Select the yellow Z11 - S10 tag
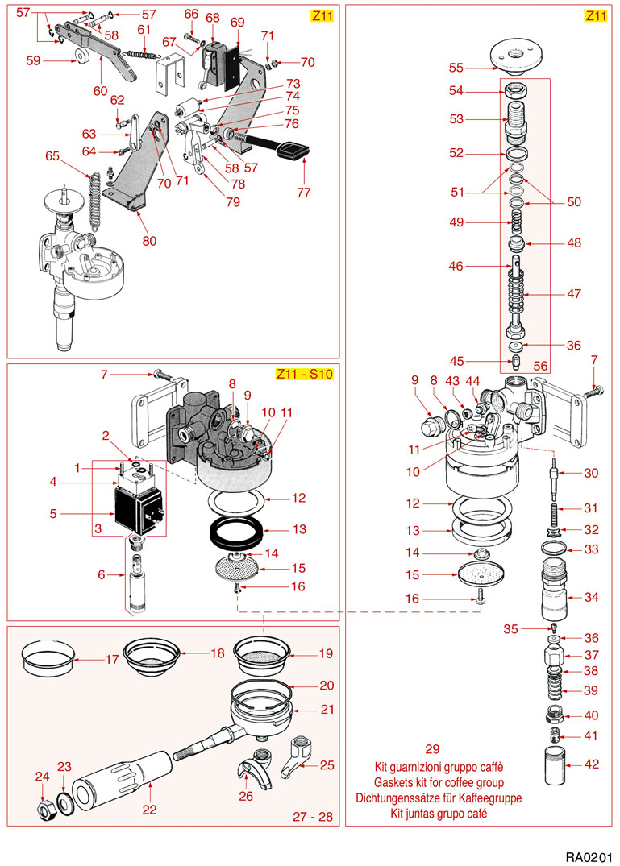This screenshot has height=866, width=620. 304,374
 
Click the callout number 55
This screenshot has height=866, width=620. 456,68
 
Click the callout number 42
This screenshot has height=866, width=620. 592,764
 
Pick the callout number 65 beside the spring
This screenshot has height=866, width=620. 53,155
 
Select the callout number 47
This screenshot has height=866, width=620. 573,294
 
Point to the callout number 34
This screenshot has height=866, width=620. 592,598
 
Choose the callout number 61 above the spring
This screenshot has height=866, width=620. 144,30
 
